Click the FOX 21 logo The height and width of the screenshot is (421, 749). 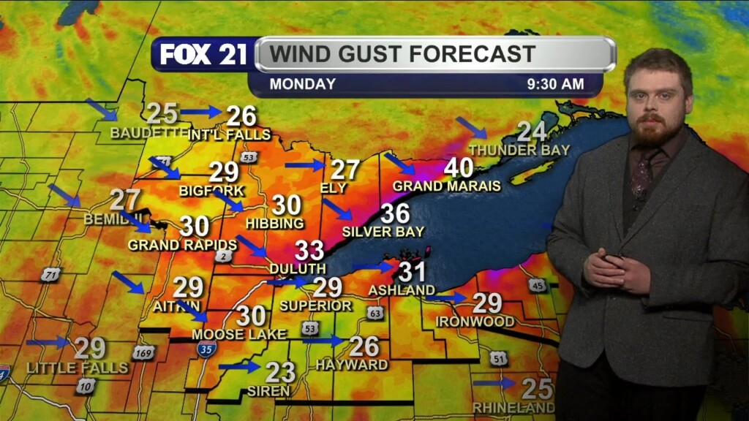(x=203, y=55)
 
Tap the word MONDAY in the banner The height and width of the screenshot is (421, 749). (x=302, y=84)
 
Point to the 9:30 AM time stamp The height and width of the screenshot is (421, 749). (x=555, y=84)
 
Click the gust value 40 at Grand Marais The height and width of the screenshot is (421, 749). (x=459, y=168)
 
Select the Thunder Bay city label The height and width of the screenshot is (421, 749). (x=519, y=151)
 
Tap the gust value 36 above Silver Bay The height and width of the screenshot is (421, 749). (x=394, y=213)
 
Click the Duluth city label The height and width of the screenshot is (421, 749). (x=297, y=269)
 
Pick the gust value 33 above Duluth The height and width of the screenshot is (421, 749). (x=309, y=251)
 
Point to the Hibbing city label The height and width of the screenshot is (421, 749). (x=274, y=224)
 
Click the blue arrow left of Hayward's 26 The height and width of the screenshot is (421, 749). (x=323, y=340)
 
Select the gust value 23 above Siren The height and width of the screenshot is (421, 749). (x=280, y=372)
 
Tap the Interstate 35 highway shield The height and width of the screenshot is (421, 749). (x=206, y=349)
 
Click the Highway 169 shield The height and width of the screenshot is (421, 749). (x=143, y=352)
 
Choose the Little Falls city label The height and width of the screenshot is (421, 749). (x=78, y=368)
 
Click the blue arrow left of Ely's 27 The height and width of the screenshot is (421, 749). (x=304, y=165)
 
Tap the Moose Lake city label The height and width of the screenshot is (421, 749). (x=233, y=334)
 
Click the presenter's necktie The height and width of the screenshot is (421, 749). (x=642, y=174)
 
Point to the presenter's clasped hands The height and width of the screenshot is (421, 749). (x=615, y=270)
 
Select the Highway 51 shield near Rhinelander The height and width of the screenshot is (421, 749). (x=499, y=358)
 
